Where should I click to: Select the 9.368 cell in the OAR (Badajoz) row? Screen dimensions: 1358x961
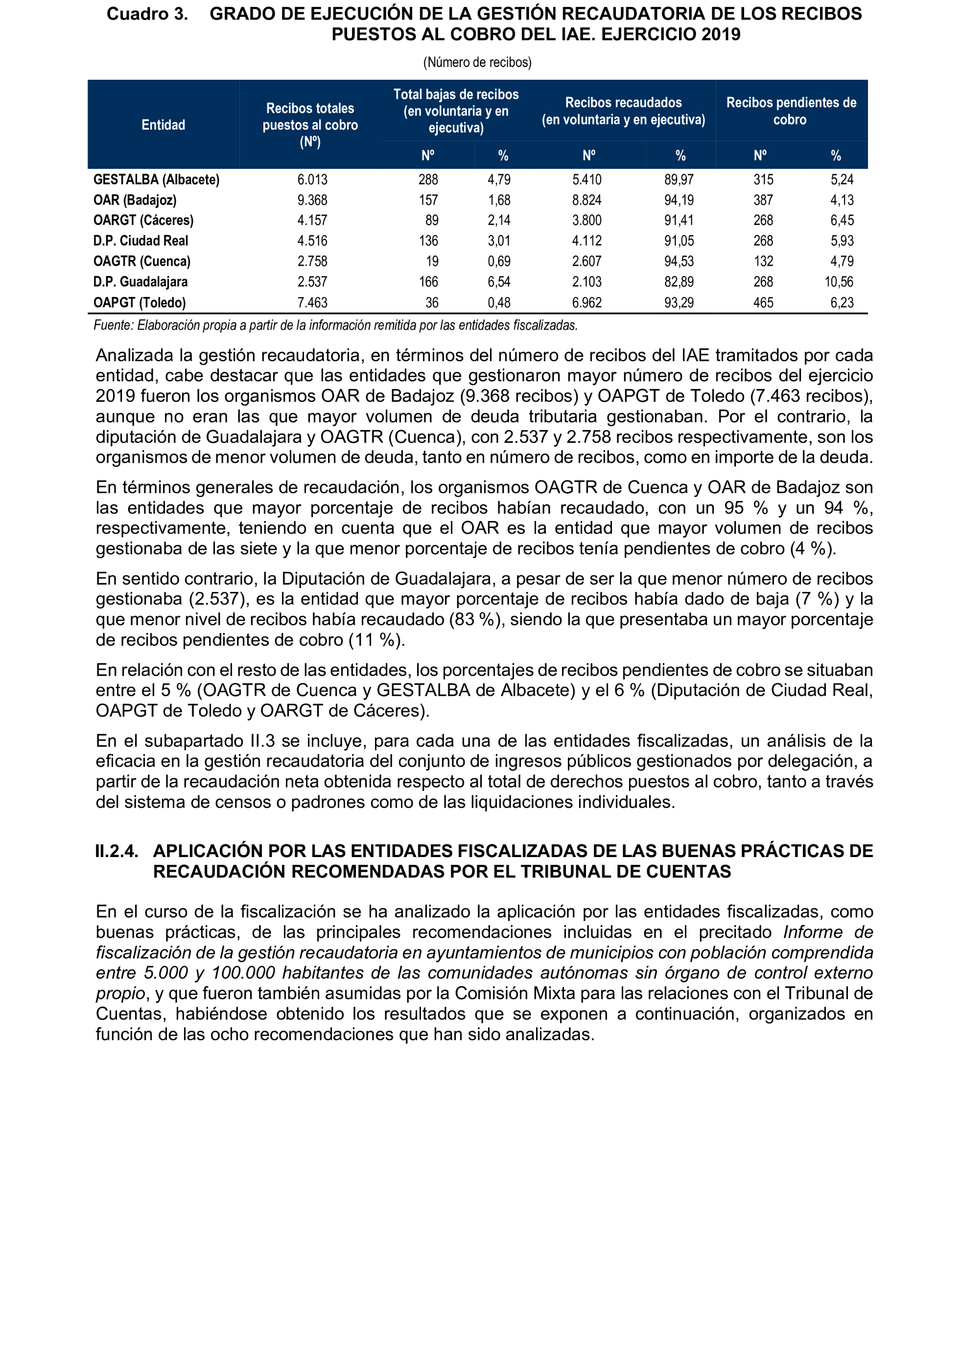[312, 200]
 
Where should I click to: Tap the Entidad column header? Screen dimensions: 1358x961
[164, 125]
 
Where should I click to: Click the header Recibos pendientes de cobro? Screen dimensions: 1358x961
[791, 111]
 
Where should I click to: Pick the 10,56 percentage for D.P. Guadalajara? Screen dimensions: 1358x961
[839, 282]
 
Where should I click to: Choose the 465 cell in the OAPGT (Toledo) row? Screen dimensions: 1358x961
[763, 302]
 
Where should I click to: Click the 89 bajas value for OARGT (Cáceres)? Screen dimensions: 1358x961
[432, 220]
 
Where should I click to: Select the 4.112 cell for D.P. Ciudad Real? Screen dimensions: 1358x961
[586, 241]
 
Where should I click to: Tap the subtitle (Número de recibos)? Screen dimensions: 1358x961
[477, 62]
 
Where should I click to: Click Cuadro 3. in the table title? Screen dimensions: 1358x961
[147, 14]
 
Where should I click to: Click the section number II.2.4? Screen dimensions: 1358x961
[117, 851]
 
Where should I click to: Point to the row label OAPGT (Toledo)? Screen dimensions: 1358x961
[140, 302]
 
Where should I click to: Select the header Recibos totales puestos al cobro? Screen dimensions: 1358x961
[310, 124]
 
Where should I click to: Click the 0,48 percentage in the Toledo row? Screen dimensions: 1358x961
[499, 302]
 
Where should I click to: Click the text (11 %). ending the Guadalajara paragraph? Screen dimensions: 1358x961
[376, 640]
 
